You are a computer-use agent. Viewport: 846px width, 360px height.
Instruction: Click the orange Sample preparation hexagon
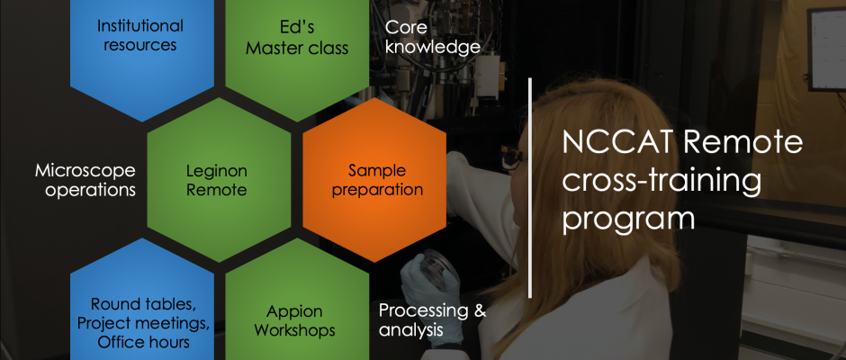[374, 180]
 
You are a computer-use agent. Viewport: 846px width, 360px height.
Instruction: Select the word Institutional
[140, 26]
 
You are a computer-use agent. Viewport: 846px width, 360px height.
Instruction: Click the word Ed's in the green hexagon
[296, 26]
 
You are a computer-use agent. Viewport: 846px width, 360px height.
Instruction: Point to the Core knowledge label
[433, 36]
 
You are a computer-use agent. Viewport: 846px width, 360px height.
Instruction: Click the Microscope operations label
[85, 180]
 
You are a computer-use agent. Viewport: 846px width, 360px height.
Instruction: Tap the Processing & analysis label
[432, 319]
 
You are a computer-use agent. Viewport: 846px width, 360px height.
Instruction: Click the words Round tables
[142, 304]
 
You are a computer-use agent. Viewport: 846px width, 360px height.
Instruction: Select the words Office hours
[143, 342]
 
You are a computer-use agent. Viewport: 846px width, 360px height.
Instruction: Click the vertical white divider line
[530, 188]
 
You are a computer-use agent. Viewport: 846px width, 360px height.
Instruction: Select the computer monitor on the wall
[826, 49]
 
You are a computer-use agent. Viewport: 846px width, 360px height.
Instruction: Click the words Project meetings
[143, 323]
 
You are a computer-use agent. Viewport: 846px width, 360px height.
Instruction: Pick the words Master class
[297, 48]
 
